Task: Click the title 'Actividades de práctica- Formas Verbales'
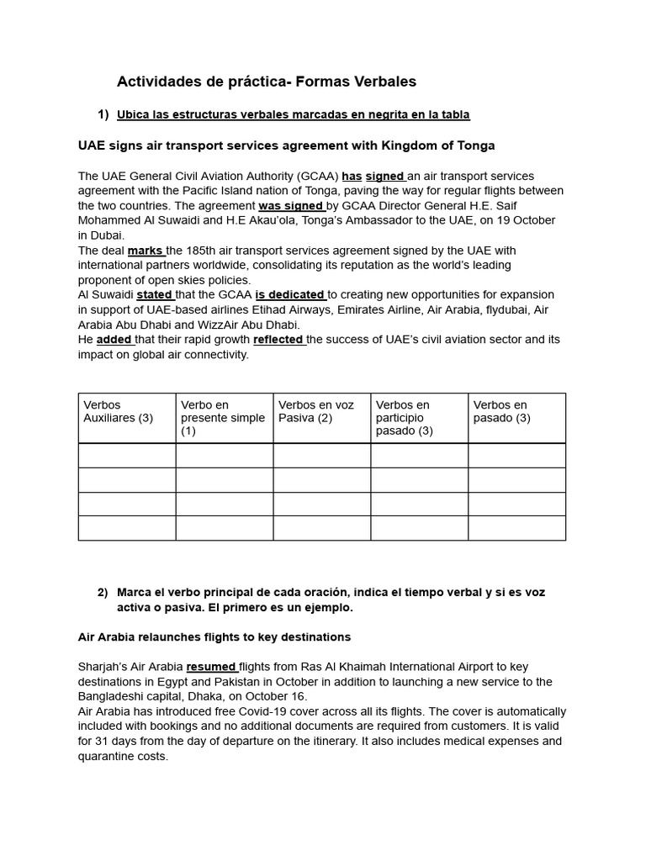266,82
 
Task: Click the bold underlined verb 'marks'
145,251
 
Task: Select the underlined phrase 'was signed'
290,206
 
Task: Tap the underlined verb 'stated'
154,295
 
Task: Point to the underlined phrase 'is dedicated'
289,295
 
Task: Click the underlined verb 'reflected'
278,340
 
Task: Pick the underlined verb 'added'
114,340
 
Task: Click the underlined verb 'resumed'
211,667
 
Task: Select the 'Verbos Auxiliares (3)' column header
118,411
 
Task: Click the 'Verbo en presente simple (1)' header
223,418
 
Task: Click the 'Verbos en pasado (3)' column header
501,411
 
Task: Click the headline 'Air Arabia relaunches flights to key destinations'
214,637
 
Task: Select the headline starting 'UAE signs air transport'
286,145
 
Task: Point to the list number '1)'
103,114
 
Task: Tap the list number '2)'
103,593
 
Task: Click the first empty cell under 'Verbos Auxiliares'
127,456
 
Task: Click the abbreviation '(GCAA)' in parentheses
317,177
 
